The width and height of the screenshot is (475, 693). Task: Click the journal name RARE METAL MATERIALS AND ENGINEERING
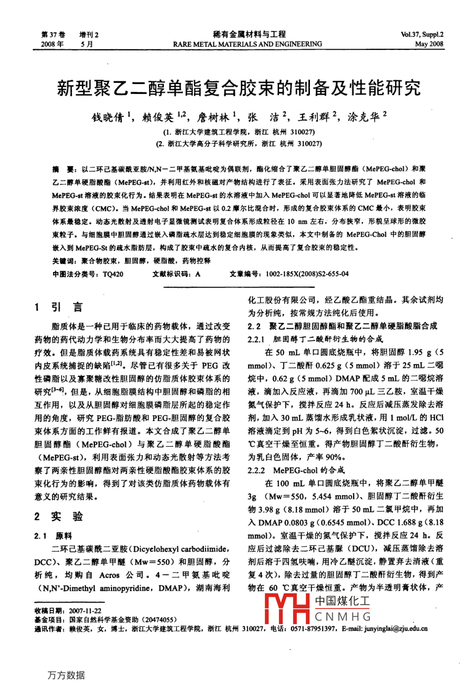247,44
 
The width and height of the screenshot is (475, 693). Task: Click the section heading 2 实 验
58,516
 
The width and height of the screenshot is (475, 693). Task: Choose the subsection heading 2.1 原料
53,536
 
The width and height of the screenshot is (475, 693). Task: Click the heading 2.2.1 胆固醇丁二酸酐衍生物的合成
315,339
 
